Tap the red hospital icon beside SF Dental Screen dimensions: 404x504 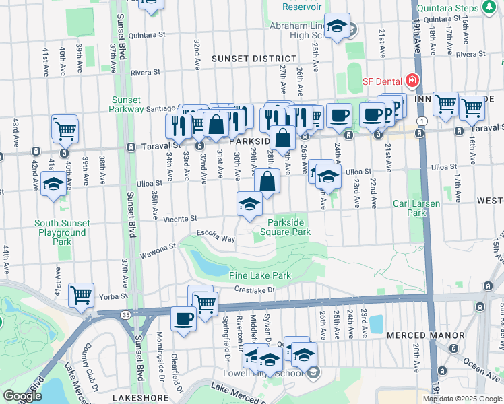point(412,81)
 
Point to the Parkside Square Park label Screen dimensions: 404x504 point(289,227)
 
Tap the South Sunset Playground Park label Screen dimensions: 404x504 point(61,232)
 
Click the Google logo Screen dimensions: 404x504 point(22,396)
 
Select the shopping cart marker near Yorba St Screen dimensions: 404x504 point(81,295)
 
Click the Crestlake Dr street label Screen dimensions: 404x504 point(255,290)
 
